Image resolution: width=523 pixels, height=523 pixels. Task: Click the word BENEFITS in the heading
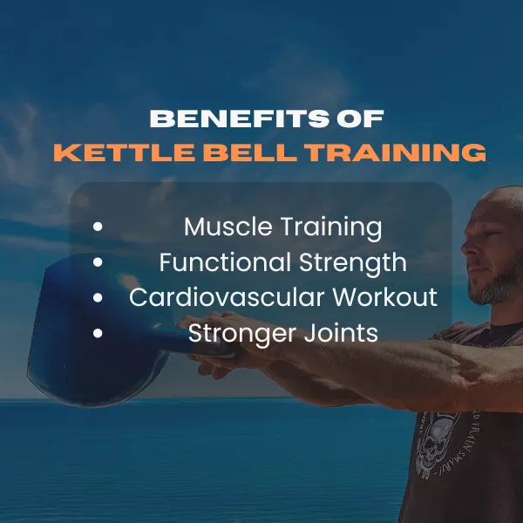[x=240, y=119]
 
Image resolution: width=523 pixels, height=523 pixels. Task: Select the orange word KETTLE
[x=124, y=153]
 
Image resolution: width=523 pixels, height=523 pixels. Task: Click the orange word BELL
[x=250, y=153]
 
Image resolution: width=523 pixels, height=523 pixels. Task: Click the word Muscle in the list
[x=228, y=227]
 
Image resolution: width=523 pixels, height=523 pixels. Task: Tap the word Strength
[x=353, y=263]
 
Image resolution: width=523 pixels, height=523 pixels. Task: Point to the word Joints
[x=341, y=334]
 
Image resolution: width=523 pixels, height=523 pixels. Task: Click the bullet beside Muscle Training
[x=98, y=227]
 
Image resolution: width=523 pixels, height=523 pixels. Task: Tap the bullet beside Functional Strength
[x=98, y=262]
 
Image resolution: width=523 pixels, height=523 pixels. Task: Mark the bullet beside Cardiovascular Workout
[x=98, y=297]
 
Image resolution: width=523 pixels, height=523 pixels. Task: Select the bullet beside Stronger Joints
[x=98, y=333]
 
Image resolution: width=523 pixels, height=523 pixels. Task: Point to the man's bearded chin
[x=484, y=294]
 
